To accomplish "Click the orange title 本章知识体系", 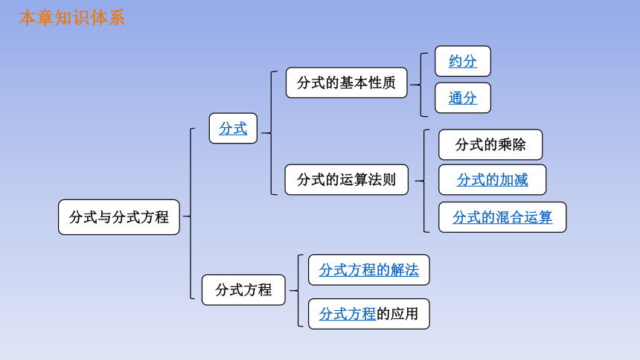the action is pyautogui.click(x=72, y=18).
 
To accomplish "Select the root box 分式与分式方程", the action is pyautogui.click(x=119, y=217).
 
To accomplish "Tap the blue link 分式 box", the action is pyautogui.click(x=233, y=128).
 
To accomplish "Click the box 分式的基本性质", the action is pyautogui.click(x=347, y=83).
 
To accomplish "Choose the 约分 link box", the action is pyautogui.click(x=463, y=61).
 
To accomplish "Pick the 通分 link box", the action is pyautogui.click(x=463, y=98).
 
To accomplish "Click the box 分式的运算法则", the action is pyautogui.click(x=347, y=179).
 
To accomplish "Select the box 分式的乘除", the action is pyautogui.click(x=490, y=144).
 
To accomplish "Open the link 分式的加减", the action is pyautogui.click(x=492, y=179).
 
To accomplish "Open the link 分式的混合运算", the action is pyautogui.click(x=502, y=217).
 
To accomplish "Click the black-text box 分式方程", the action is pyautogui.click(x=243, y=290).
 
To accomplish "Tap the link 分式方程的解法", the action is pyautogui.click(x=369, y=270).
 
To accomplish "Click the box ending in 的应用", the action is pyautogui.click(x=369, y=314).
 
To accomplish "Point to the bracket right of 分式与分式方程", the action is pyautogui.click(x=191, y=213).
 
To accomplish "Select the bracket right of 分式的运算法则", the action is pyautogui.click(x=424, y=181).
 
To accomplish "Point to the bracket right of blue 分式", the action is pyautogui.click(x=271, y=133).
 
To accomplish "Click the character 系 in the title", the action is pyautogui.click(x=117, y=18).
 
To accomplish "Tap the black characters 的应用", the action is pyautogui.click(x=397, y=314).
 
